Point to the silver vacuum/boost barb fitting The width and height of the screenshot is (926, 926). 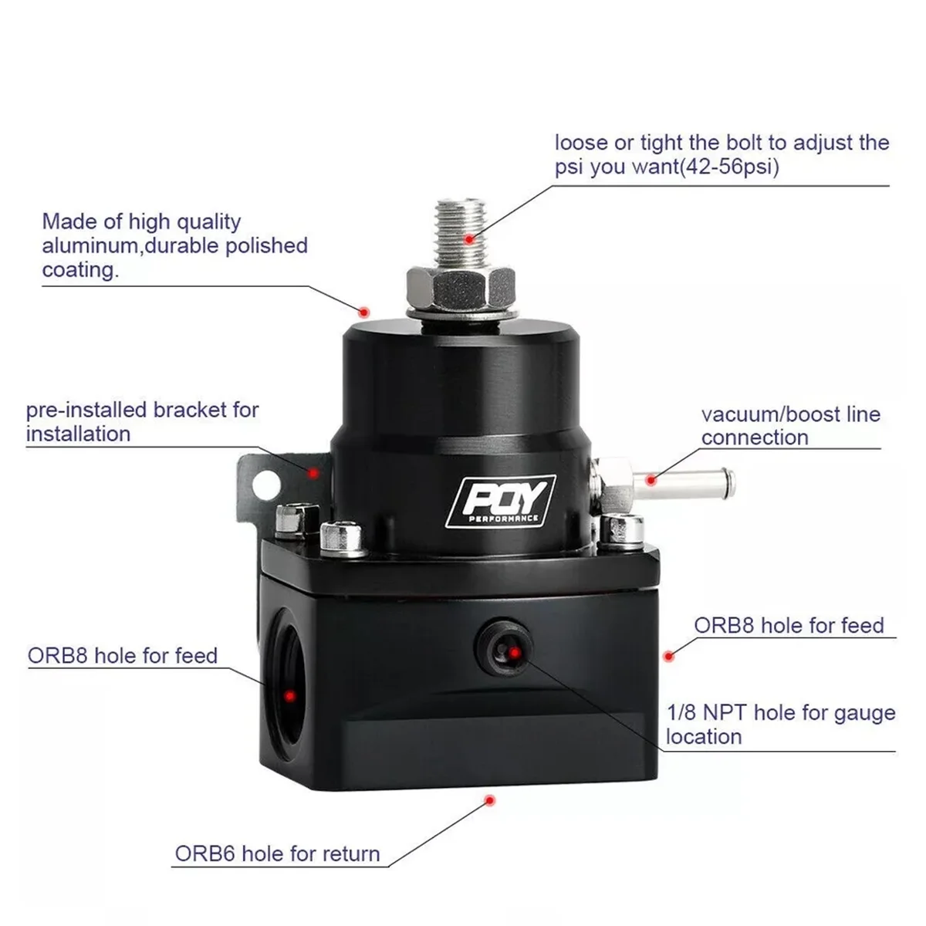click(x=679, y=479)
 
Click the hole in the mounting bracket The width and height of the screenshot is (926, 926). click(x=266, y=484)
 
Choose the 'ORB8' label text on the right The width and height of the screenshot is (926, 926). click(x=725, y=625)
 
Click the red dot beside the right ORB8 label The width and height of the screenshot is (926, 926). click(x=669, y=656)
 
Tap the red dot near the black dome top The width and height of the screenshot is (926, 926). click(x=365, y=311)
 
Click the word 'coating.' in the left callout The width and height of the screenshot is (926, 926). click(x=80, y=270)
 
